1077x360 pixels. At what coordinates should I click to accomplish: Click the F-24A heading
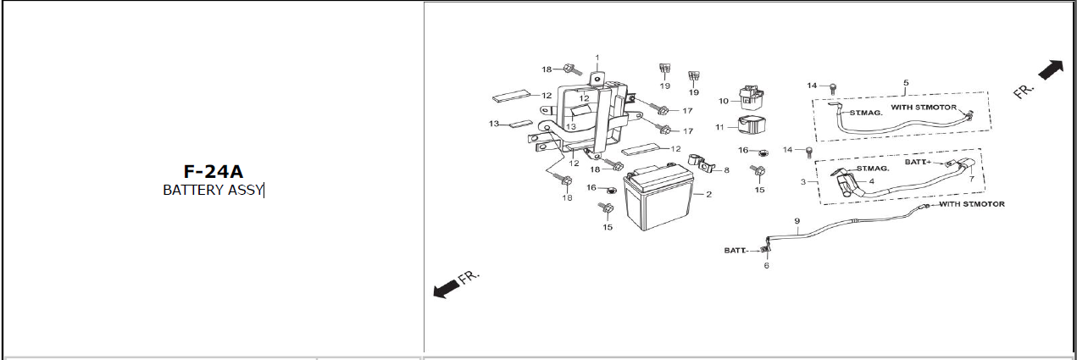pyautogui.click(x=214, y=172)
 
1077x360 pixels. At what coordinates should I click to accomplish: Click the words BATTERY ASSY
pyautogui.click(x=213, y=190)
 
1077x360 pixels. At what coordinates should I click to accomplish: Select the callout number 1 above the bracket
pyautogui.click(x=597, y=58)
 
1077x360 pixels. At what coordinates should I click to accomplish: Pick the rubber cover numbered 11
pyautogui.click(x=752, y=126)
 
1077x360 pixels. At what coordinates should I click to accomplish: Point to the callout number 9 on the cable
pyautogui.click(x=797, y=221)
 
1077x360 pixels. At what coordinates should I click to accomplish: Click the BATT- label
pyautogui.click(x=736, y=251)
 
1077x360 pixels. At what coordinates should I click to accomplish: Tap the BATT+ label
pyautogui.click(x=918, y=162)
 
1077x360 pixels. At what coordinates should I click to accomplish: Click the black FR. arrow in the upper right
pyautogui.click(x=1051, y=70)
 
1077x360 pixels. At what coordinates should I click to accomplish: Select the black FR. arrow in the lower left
pyautogui.click(x=446, y=287)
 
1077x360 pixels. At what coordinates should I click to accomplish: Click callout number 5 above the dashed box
pyautogui.click(x=907, y=83)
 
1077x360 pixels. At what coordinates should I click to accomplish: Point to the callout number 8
pyautogui.click(x=726, y=170)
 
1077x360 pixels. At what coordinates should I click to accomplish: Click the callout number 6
pyautogui.click(x=766, y=265)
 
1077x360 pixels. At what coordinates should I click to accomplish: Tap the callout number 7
pyautogui.click(x=972, y=179)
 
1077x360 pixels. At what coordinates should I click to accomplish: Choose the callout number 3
pyautogui.click(x=803, y=182)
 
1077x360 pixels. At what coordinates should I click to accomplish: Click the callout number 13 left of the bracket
pyautogui.click(x=494, y=124)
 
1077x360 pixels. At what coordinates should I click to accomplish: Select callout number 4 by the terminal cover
pyautogui.click(x=872, y=181)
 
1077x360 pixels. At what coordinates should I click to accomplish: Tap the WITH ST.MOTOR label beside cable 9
pyautogui.click(x=972, y=204)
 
